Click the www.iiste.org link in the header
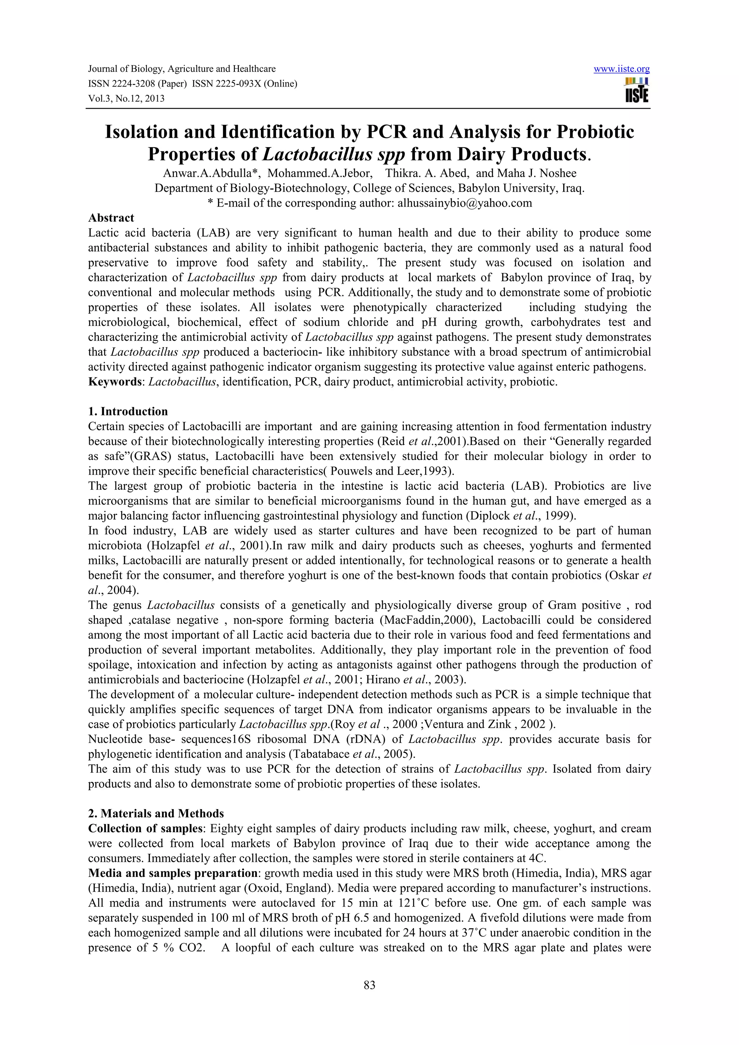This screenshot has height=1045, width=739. point(621,69)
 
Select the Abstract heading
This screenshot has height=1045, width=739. point(111,218)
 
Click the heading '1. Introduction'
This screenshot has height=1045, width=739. point(128,411)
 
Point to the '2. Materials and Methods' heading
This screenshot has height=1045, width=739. point(156,813)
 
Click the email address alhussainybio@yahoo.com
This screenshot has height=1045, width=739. point(464,203)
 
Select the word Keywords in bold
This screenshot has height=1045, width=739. point(115,382)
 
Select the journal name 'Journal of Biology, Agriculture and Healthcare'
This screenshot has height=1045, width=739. point(182,69)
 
